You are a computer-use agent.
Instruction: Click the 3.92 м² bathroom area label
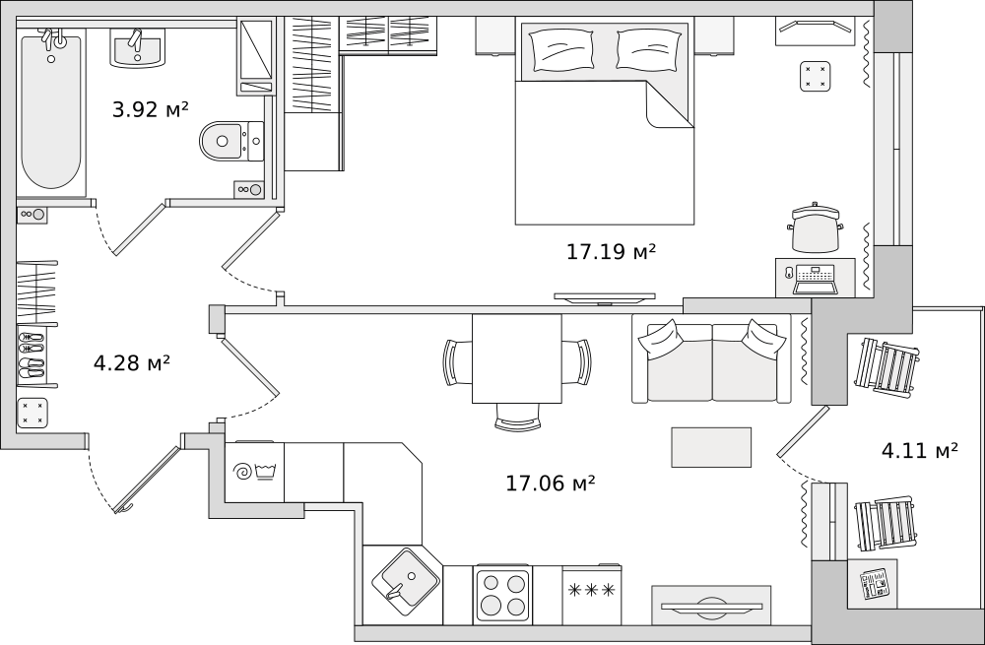click(x=150, y=110)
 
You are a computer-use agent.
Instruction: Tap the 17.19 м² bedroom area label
click(x=612, y=252)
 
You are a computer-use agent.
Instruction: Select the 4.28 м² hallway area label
click(x=132, y=363)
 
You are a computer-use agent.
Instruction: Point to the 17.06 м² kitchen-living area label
click(x=551, y=484)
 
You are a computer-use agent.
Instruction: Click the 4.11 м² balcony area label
click(x=920, y=450)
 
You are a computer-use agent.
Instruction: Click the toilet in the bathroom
click(x=231, y=142)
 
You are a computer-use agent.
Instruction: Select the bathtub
click(x=51, y=112)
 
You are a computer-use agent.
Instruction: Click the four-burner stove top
click(x=503, y=595)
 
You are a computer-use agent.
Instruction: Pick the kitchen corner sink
click(x=404, y=578)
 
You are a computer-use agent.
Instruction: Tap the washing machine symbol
click(x=254, y=473)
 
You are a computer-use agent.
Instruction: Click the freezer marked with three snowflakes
click(x=591, y=595)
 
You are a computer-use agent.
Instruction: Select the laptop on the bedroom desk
click(x=816, y=280)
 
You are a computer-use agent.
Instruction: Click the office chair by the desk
click(x=816, y=228)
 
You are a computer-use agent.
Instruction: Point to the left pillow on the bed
click(x=561, y=51)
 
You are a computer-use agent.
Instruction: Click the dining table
click(x=517, y=358)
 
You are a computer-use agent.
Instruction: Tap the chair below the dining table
click(x=517, y=417)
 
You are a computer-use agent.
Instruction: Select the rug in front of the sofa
click(x=711, y=447)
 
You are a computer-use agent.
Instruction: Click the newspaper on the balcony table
click(x=875, y=584)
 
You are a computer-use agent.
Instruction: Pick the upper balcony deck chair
click(x=887, y=365)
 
